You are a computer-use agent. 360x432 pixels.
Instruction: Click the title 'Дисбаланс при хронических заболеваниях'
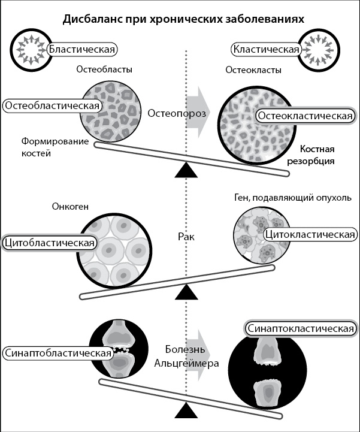tap(184, 19)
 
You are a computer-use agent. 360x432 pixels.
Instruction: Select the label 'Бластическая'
tap(83, 49)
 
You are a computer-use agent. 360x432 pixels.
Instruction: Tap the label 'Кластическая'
tap(267, 49)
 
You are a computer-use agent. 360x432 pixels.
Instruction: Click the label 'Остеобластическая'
tap(52, 105)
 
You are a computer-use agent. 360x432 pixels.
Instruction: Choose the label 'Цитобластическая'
tap(50, 243)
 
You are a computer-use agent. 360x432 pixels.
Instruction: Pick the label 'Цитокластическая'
tap(309, 234)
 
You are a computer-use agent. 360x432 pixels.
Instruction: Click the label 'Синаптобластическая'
tap(58, 352)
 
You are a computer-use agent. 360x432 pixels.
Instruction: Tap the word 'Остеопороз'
tap(177, 113)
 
